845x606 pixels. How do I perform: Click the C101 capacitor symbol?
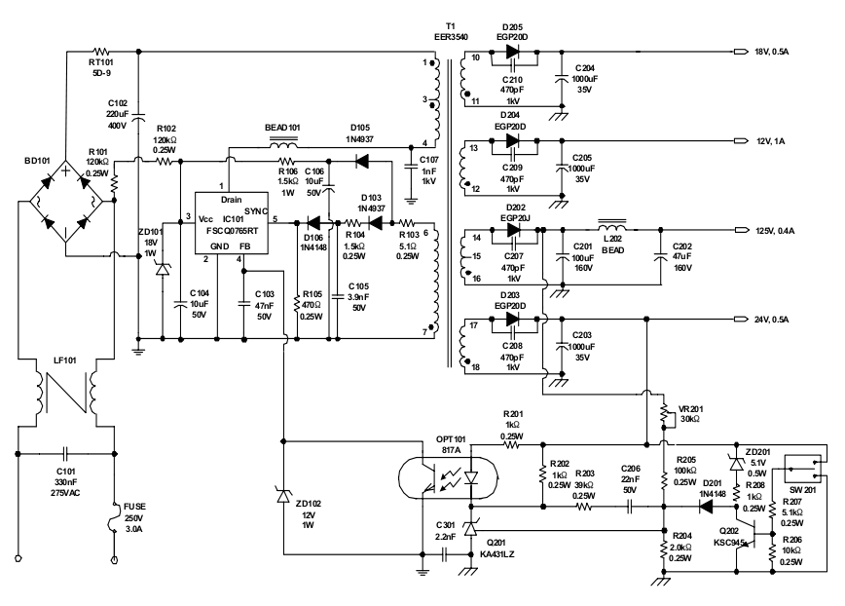click(66, 454)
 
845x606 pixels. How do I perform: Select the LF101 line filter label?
click(64, 361)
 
